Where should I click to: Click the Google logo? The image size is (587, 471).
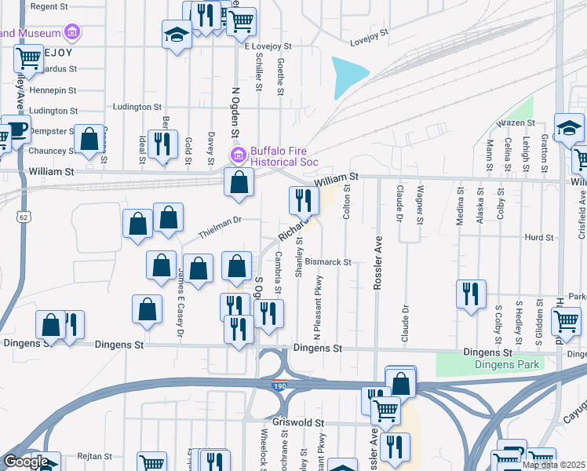[x=26, y=462]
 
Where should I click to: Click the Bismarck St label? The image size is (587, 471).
[x=328, y=261]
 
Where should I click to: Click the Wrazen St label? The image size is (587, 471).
[x=518, y=123]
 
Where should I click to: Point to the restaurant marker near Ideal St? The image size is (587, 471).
[x=162, y=144]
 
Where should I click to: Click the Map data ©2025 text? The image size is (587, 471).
[x=553, y=465]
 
